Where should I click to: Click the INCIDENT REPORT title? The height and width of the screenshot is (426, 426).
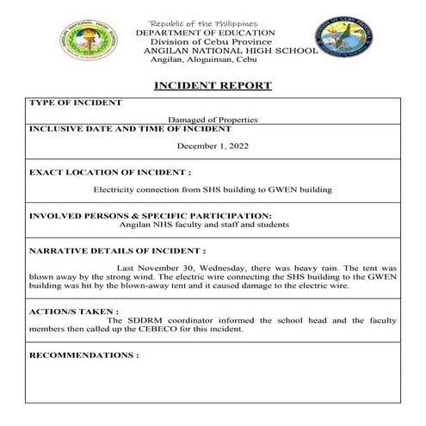click(213, 86)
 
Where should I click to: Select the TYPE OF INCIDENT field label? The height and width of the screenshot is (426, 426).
click(76, 102)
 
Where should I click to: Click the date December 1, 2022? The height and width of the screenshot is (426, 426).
click(213, 146)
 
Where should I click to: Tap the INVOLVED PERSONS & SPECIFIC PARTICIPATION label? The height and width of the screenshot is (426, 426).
click(151, 215)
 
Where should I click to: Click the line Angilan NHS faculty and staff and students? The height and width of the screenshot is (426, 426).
click(204, 225)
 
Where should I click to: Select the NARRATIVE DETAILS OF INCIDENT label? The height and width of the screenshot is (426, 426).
click(117, 252)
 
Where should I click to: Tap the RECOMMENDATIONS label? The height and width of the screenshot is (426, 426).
click(83, 355)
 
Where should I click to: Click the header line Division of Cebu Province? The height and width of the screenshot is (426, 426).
click(211, 41)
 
